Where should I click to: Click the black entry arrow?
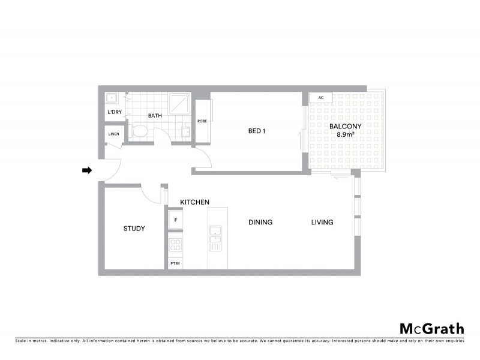coord(86,171)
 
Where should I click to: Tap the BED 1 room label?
coord(257,131)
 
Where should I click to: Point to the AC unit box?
coord(321,98)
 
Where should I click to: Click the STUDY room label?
coord(134,229)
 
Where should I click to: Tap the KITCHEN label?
coord(194,202)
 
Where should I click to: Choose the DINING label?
coord(260,223)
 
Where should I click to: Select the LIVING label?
coord(322,223)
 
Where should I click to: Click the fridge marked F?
coord(176,220)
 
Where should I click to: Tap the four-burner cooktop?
coord(176,245)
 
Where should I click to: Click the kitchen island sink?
coord(215,234)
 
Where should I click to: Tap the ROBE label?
coord(202,121)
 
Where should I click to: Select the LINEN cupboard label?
coord(112,135)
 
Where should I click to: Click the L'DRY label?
coord(113,113)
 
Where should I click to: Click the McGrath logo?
coord(431,328)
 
